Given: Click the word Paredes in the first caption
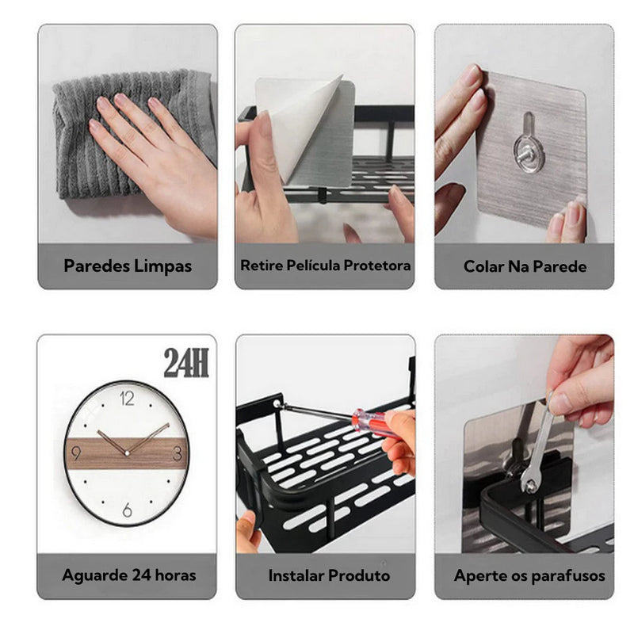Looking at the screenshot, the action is (x=97, y=266).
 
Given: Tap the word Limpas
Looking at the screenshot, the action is (x=163, y=266).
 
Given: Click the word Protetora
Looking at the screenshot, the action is (x=377, y=265).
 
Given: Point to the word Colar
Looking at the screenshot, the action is (x=483, y=266).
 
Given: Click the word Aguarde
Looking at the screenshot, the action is (x=94, y=575).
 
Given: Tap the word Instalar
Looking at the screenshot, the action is (x=296, y=575).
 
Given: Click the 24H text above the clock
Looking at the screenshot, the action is (x=186, y=363).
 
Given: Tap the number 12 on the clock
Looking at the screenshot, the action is (x=127, y=399).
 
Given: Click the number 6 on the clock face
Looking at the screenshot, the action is (x=127, y=510).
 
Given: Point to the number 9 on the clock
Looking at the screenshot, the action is (x=75, y=453).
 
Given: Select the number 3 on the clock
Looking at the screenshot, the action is (x=178, y=453).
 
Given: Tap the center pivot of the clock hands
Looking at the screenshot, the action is (x=127, y=453).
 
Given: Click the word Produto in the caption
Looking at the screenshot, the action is (x=359, y=575).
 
